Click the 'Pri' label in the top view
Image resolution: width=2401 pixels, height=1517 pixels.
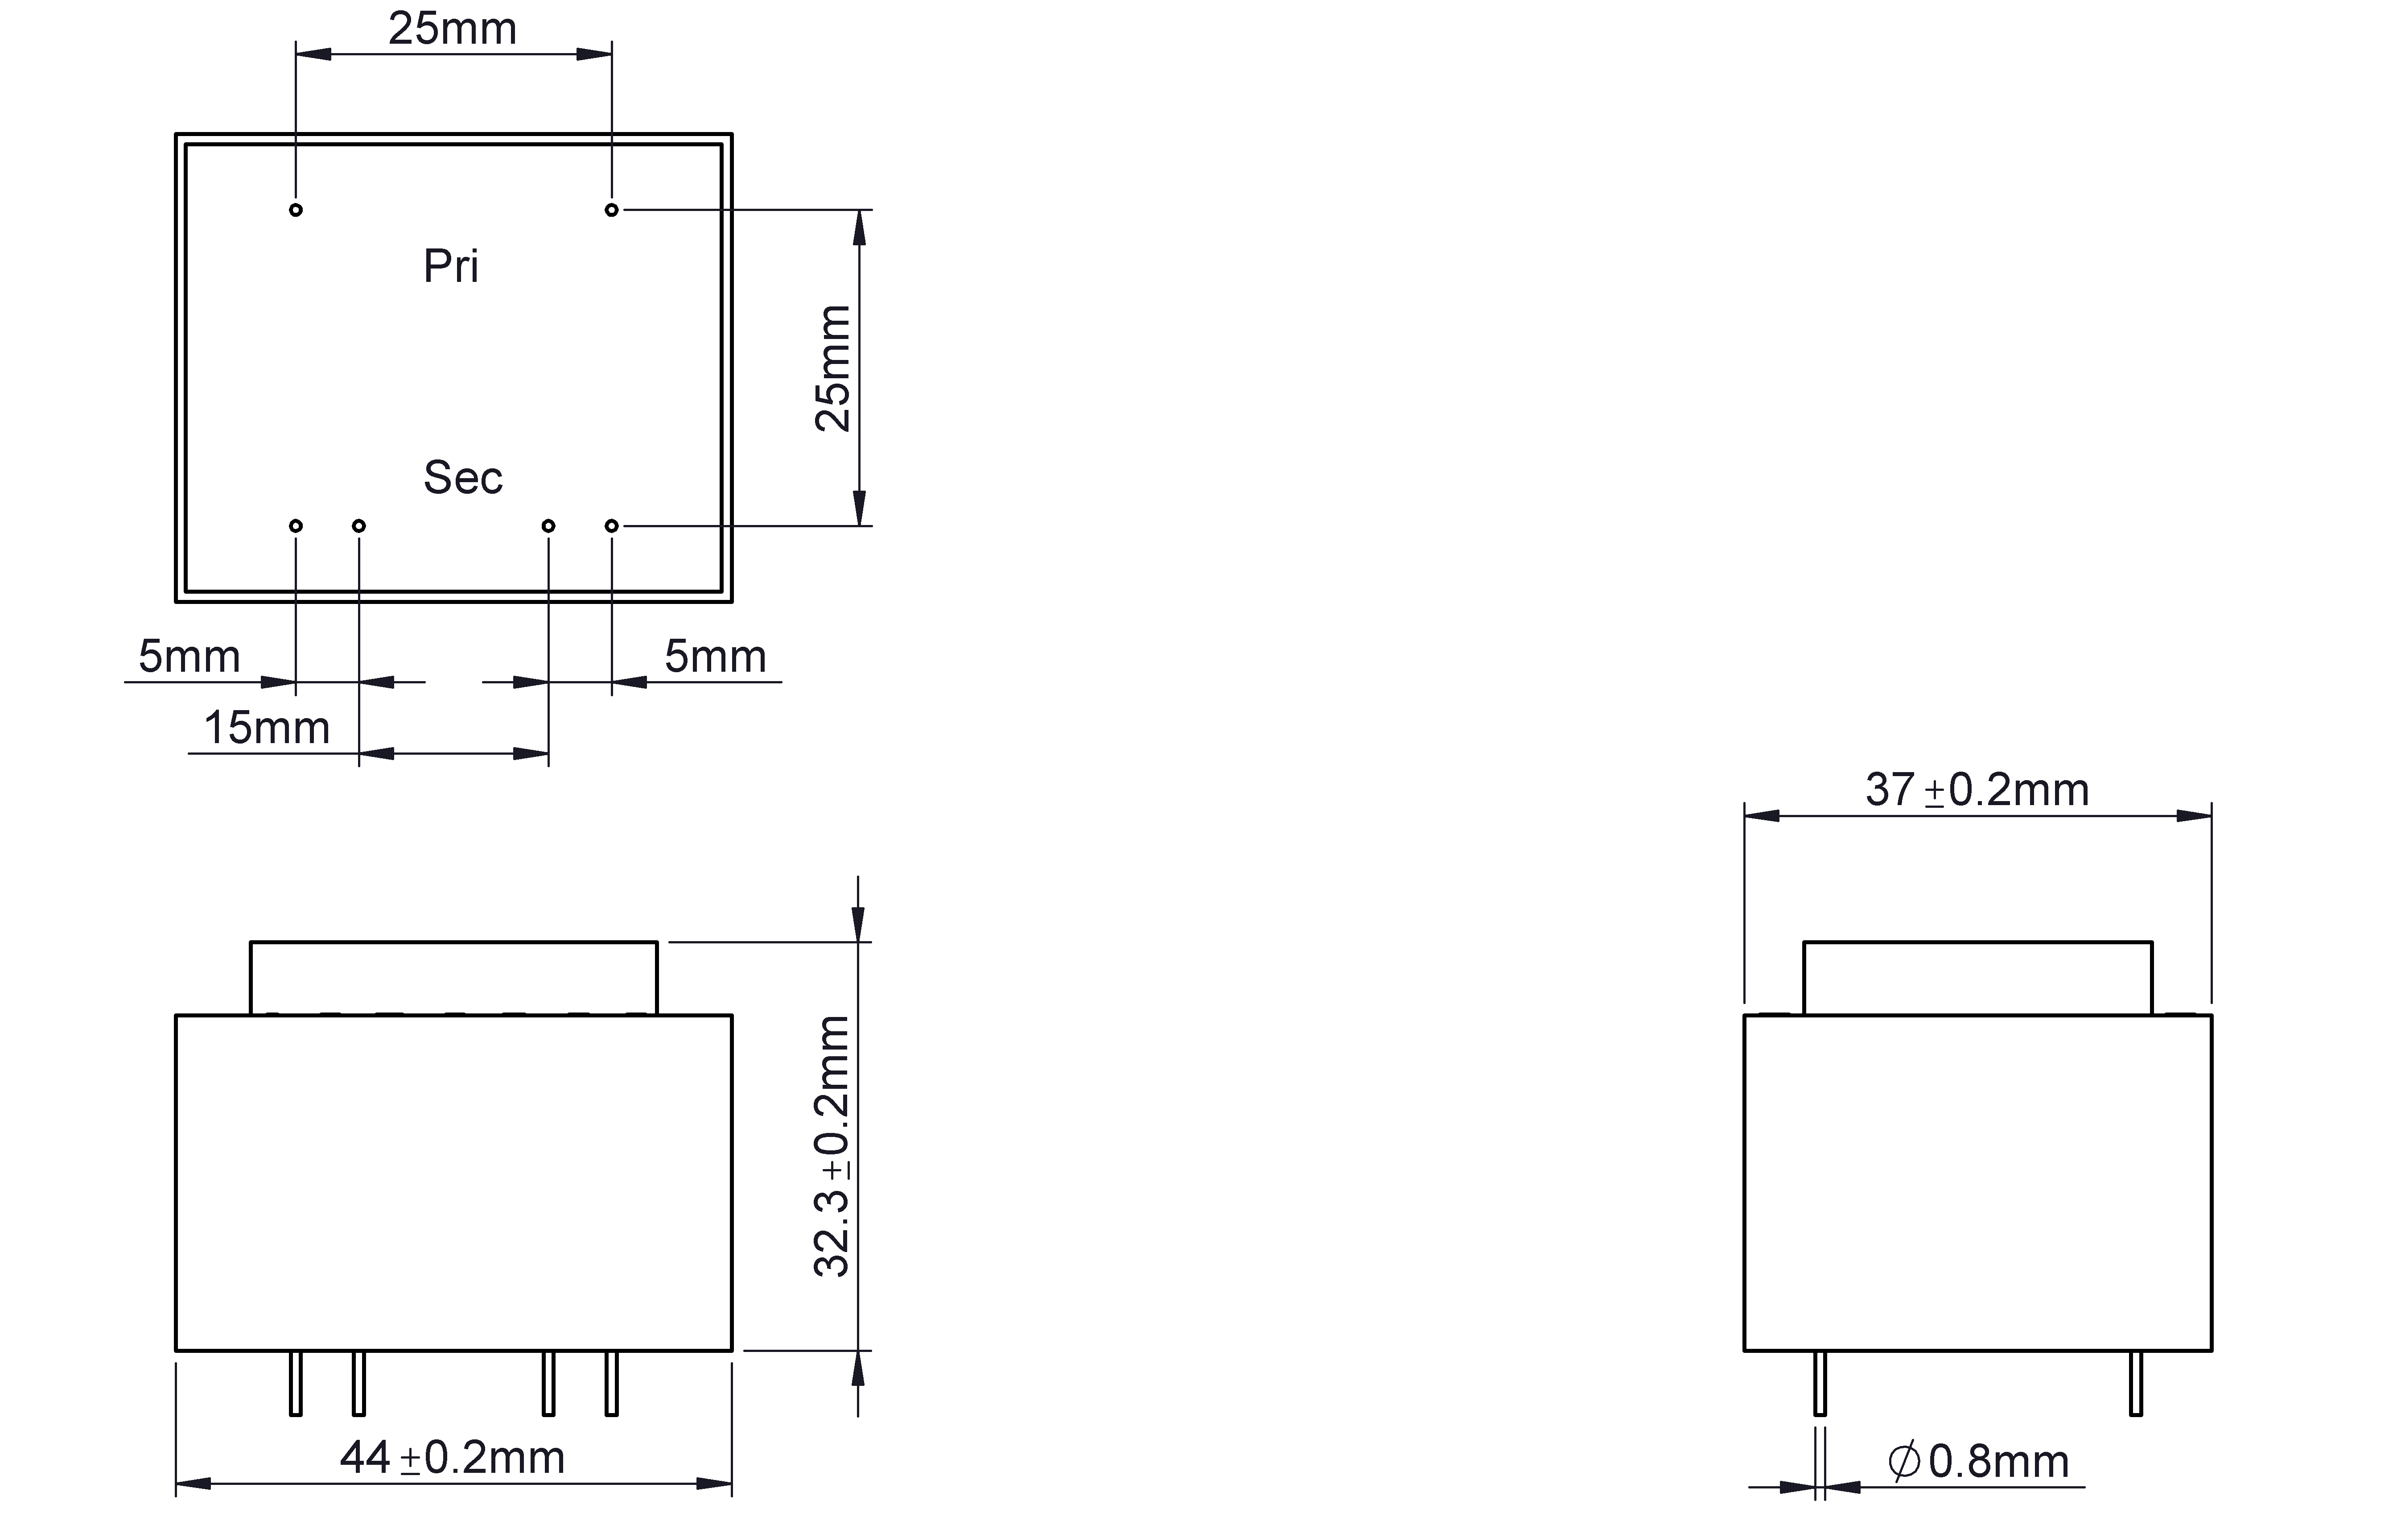click(451, 266)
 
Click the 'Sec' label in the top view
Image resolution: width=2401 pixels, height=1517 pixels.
click(463, 478)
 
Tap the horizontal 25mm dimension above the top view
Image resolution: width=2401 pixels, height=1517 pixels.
click(453, 29)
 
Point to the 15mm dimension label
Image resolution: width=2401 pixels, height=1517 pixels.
click(266, 728)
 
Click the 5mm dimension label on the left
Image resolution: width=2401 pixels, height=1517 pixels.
click(189, 656)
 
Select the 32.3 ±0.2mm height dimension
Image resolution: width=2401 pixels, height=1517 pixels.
click(832, 1146)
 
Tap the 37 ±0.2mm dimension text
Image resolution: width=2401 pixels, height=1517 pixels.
click(1977, 790)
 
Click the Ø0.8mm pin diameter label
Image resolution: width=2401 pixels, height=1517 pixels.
click(1978, 1462)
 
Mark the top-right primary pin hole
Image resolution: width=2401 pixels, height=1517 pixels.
click(611, 210)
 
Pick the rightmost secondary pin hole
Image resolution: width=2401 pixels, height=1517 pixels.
click(611, 525)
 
